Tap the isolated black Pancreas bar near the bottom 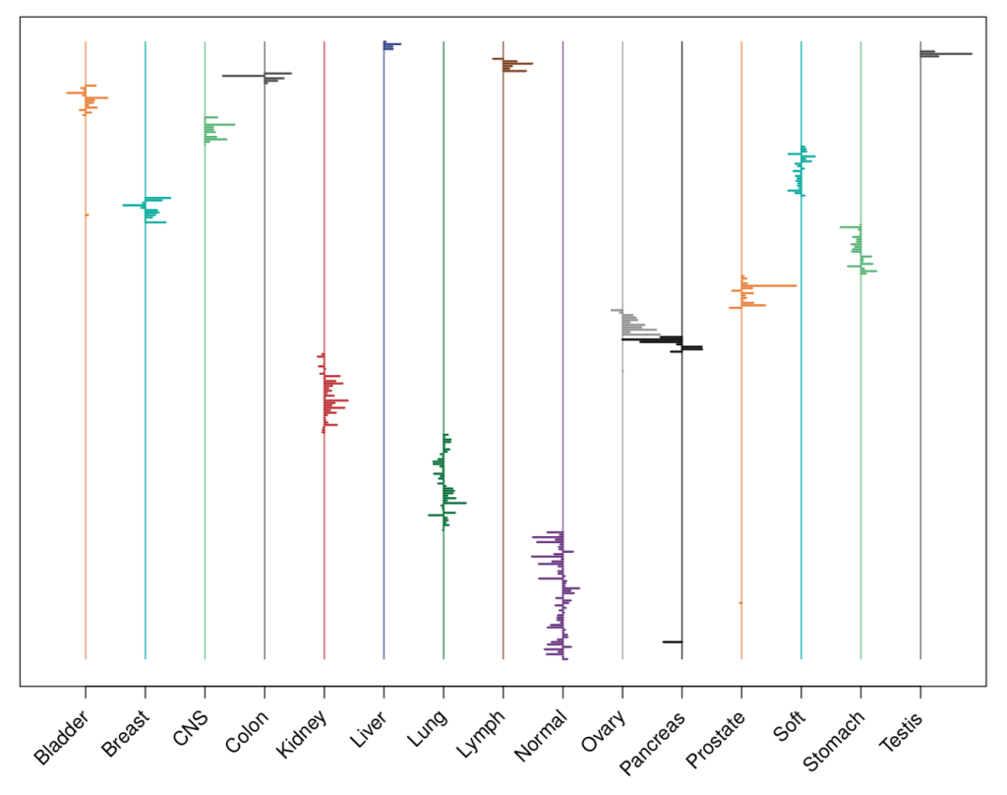tap(672, 642)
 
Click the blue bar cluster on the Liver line tap(389, 45)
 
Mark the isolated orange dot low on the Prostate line tap(740, 602)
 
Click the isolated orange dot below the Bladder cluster tap(87, 214)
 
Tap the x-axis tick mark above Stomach tap(860, 692)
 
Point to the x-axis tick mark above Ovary tap(622, 692)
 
